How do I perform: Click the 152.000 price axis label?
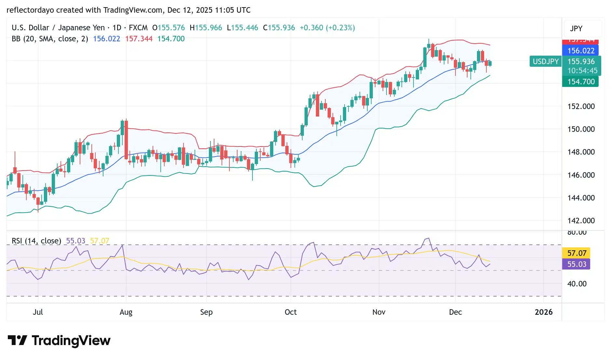[581, 106]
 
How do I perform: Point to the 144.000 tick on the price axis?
[581, 198]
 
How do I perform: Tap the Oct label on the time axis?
[291, 312]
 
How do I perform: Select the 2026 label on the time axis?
[543, 312]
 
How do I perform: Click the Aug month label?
[126, 312]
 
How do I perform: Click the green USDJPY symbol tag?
[545, 62]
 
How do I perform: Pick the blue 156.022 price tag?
[580, 51]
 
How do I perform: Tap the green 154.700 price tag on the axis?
[580, 82]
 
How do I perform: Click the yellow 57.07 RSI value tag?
[577, 253]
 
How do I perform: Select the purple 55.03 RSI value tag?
[577, 264]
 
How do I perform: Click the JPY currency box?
[576, 29]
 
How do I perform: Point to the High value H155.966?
[206, 28]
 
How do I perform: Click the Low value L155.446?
[242, 28]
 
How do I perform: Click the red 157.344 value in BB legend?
[139, 39]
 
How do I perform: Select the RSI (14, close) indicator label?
[36, 241]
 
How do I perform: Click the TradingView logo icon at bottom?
[17, 340]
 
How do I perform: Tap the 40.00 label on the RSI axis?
[577, 284]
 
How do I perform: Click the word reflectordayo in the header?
[30, 10]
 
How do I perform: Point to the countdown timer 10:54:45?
[582, 71]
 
